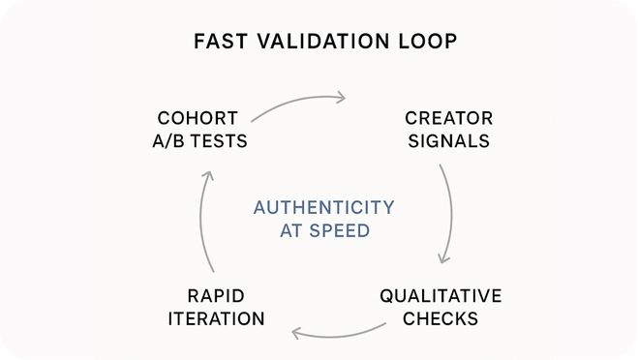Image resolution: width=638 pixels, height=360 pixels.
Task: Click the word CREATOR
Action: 448,118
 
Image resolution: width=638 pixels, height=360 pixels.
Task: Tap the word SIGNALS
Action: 448,141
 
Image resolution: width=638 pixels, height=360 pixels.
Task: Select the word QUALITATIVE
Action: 441,295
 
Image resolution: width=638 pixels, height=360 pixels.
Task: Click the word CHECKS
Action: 441,318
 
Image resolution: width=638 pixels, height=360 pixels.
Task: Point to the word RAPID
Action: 215,295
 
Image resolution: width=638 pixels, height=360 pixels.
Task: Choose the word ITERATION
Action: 215,318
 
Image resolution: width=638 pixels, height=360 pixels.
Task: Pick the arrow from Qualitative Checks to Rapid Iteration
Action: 339,334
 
